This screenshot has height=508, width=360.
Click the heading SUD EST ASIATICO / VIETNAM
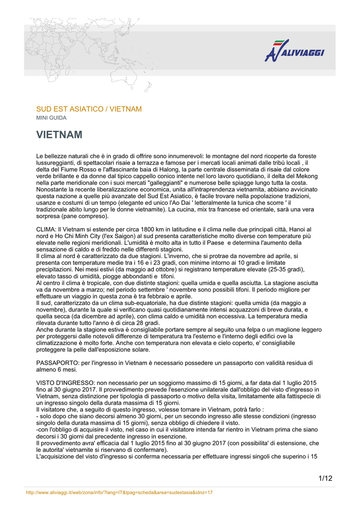[89, 109]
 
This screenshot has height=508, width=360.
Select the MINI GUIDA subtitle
[51, 118]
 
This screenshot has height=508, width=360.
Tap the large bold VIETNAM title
[59, 135]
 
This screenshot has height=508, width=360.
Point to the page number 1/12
[325, 478]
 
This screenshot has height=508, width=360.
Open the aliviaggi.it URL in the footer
[119, 492]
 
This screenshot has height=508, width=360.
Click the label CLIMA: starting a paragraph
[47, 230]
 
